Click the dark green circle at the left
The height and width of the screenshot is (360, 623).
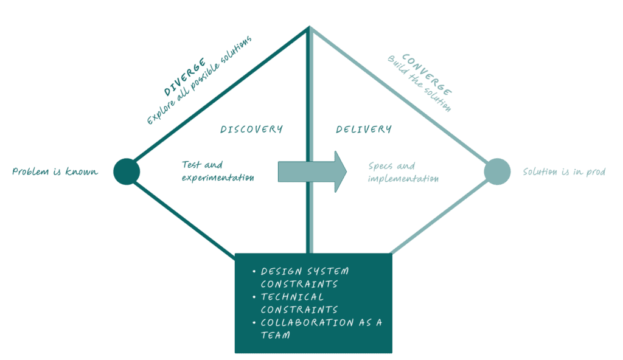click(127, 171)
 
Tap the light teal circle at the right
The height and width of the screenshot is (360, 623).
click(496, 171)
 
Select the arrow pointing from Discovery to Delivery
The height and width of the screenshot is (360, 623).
click(312, 171)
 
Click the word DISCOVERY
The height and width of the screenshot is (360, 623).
click(251, 129)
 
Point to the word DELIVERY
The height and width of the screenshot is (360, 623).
click(364, 129)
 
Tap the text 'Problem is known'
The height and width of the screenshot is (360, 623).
click(55, 171)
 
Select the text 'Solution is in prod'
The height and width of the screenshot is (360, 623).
click(564, 171)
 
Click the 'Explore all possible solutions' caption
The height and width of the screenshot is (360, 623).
click(199, 80)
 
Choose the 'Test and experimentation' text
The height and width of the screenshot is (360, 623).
click(217, 171)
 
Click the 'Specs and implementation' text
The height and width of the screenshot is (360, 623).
click(403, 172)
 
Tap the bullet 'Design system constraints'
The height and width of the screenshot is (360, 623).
click(304, 277)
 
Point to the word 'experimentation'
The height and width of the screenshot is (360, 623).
click(217, 178)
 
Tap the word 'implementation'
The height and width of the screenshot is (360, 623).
click(403, 179)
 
